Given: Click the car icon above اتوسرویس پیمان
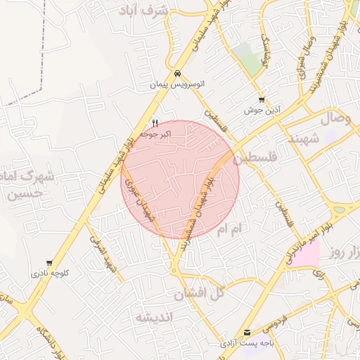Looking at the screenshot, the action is (x=179, y=73).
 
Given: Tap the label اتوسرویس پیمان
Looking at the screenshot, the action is (x=179, y=84).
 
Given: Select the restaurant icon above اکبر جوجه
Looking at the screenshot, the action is (x=154, y=122).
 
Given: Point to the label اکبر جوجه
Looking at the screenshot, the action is (x=153, y=132).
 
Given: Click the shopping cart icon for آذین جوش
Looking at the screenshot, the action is (x=262, y=100).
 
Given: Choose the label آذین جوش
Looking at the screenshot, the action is (x=262, y=110).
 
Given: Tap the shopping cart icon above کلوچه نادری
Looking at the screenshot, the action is (x=49, y=263).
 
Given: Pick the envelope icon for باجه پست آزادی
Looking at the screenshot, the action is (x=246, y=333).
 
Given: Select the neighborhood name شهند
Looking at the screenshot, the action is (x=303, y=139).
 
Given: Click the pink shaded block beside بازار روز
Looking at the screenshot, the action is (x=306, y=252).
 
